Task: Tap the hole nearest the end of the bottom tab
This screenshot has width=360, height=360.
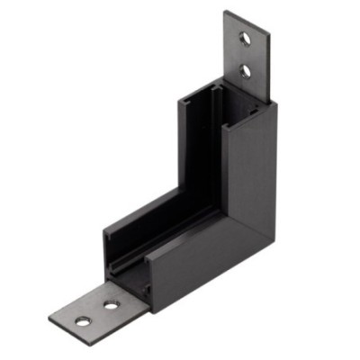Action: coord(83,320)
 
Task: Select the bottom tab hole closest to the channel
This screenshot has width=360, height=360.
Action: coord(111,304)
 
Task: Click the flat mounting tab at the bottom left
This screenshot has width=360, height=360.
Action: coord(94,311)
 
